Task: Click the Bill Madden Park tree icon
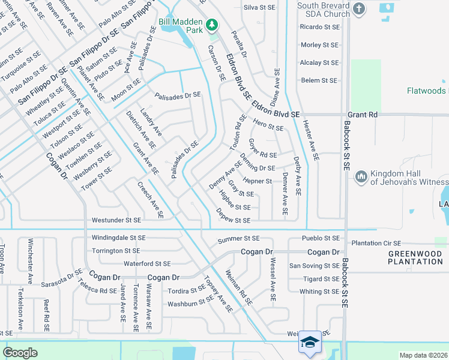[211, 25]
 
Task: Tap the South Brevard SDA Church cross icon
[359, 8]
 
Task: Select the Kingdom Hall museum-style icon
[361, 176]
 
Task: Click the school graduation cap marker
[309, 341]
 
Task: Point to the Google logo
[20, 353]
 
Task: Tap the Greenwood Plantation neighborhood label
[415, 257]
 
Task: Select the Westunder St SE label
[116, 221]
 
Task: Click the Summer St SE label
[238, 239]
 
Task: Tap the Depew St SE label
[234, 220]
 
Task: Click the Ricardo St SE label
[319, 27]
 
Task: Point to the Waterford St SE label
[147, 263]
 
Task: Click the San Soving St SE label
[315, 266]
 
